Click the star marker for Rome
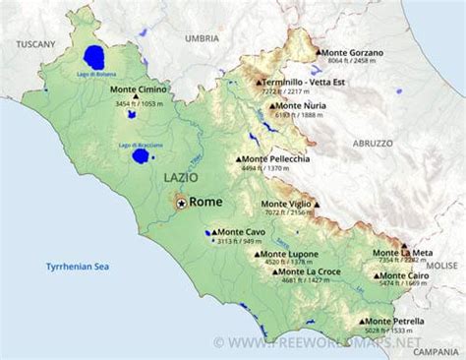[182, 202]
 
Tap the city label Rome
[205, 201]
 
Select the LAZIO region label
[180, 177]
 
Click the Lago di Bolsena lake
[94, 57]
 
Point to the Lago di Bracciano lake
[142, 155]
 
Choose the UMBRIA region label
[202, 37]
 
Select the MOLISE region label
[441, 265]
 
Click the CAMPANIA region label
[436, 351]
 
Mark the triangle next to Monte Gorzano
[318, 52]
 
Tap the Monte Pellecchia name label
[275, 158]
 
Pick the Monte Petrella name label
[397, 321]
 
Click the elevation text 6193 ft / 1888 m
[299, 115]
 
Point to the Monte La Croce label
[312, 271]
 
